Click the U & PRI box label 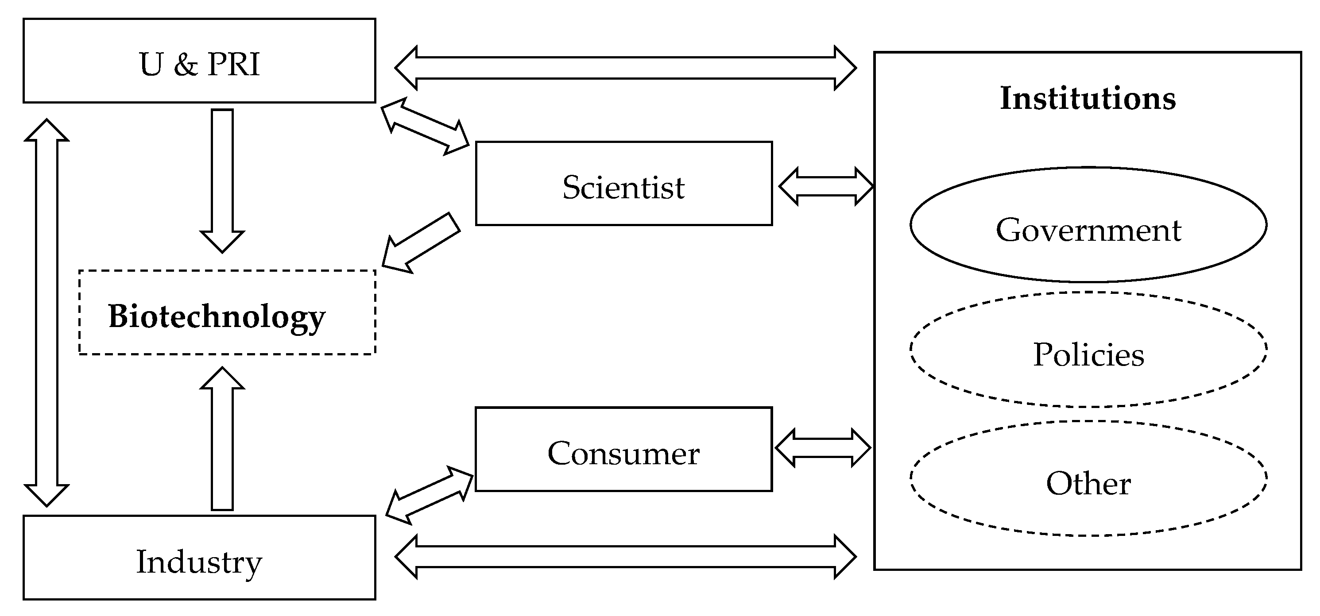click(199, 65)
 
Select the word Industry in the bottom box click(199, 562)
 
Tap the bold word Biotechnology click(217, 316)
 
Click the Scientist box click(623, 186)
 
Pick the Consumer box click(623, 453)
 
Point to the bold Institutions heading click(1088, 98)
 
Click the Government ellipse click(1088, 225)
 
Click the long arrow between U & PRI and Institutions click(625, 68)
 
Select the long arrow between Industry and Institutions click(625, 557)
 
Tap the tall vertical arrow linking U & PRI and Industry click(46, 312)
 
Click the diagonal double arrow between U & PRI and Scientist click(425, 126)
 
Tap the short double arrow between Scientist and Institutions click(825, 186)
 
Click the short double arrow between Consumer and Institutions click(823, 448)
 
